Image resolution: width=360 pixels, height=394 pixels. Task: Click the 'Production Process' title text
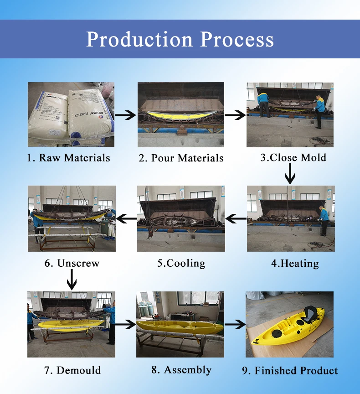pos(180,39)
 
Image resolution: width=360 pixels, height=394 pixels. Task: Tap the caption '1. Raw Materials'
pos(68,158)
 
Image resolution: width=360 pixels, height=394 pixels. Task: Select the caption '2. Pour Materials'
pos(181,158)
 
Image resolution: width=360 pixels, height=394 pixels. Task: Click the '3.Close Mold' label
pos(293,158)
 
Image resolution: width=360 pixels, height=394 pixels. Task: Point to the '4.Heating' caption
pos(295,263)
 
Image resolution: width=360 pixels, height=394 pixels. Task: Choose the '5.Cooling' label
pos(181,263)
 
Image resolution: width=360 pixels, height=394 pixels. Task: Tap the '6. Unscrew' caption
pos(72,263)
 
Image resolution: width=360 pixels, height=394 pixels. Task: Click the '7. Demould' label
pos(72,370)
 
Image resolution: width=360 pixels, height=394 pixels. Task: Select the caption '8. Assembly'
pos(181,369)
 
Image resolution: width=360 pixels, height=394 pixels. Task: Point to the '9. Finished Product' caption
pos(290,370)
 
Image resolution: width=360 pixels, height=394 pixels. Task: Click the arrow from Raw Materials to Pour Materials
pos(125,115)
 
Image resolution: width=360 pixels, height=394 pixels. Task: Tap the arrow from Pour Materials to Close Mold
pos(235,115)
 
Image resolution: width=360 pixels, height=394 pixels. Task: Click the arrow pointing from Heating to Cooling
pos(236,219)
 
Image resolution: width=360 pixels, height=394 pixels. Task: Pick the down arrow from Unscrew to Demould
pos(72,279)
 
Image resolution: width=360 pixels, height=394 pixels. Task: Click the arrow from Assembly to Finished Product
pos(235,325)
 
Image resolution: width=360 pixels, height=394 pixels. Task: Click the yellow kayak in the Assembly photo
pos(180,327)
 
